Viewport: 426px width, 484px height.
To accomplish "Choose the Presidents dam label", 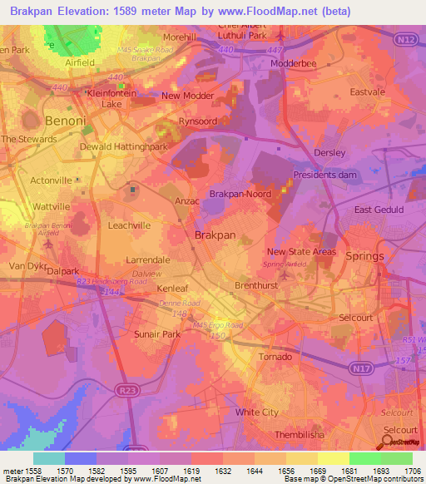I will [324, 175].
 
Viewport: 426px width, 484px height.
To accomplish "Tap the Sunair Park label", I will [156, 333].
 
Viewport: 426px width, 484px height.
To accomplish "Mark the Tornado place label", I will [275, 357].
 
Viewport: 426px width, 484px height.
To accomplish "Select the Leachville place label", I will [129, 225].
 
